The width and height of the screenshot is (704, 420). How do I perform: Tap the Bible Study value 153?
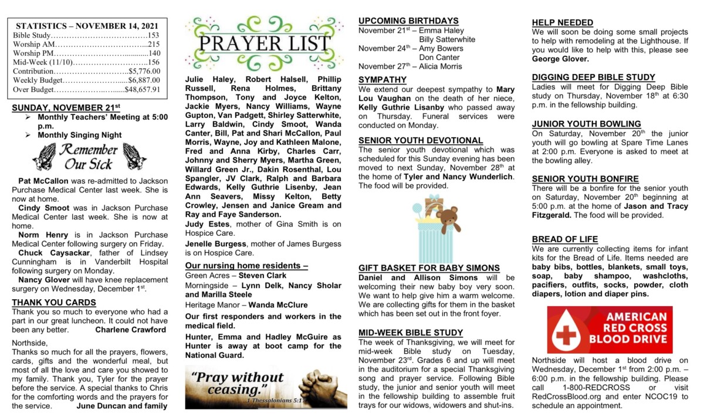coord(154,35)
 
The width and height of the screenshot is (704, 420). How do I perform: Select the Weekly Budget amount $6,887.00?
coord(144,80)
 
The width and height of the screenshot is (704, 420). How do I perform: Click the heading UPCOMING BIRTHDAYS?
coord(408,21)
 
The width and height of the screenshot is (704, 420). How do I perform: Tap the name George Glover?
coord(560,59)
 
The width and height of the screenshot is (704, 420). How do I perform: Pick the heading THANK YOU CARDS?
coord(53,302)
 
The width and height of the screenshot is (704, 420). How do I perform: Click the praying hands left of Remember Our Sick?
coord(44,157)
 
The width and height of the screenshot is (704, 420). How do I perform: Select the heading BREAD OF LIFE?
coord(564,239)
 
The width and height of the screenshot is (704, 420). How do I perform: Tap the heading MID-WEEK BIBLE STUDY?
coord(411,333)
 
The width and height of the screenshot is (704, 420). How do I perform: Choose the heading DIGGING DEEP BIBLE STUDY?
coord(593,77)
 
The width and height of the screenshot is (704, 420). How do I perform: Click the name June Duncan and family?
coord(121,405)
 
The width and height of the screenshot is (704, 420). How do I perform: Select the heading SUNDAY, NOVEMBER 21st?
coord(66,107)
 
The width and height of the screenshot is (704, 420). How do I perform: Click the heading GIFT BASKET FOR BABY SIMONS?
coord(429,268)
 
